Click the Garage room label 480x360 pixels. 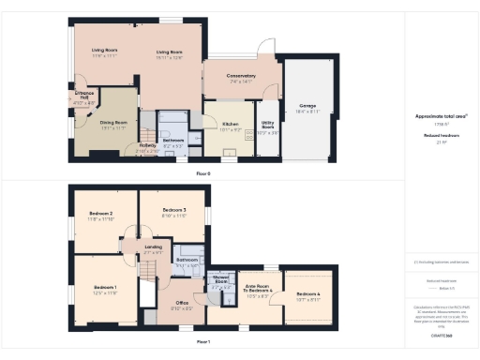pyautogui.click(x=307, y=107)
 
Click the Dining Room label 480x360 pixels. pyautogui.click(x=112, y=121)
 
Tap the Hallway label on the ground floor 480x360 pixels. pyautogui.click(x=147, y=145)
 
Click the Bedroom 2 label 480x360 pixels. pyautogui.click(x=101, y=214)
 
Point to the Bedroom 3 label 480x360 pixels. pyautogui.click(x=174, y=209)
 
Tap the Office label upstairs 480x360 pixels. pyautogui.click(x=181, y=303)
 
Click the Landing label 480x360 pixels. pyautogui.click(x=154, y=247)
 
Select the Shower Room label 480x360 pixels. pyautogui.click(x=221, y=278)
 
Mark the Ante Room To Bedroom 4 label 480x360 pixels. pyautogui.click(x=258, y=287)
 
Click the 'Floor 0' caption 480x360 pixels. pyautogui.click(x=202, y=173)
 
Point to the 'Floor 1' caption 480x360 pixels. pyautogui.click(x=202, y=341)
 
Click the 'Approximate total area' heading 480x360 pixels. pyautogui.click(x=441, y=116)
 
